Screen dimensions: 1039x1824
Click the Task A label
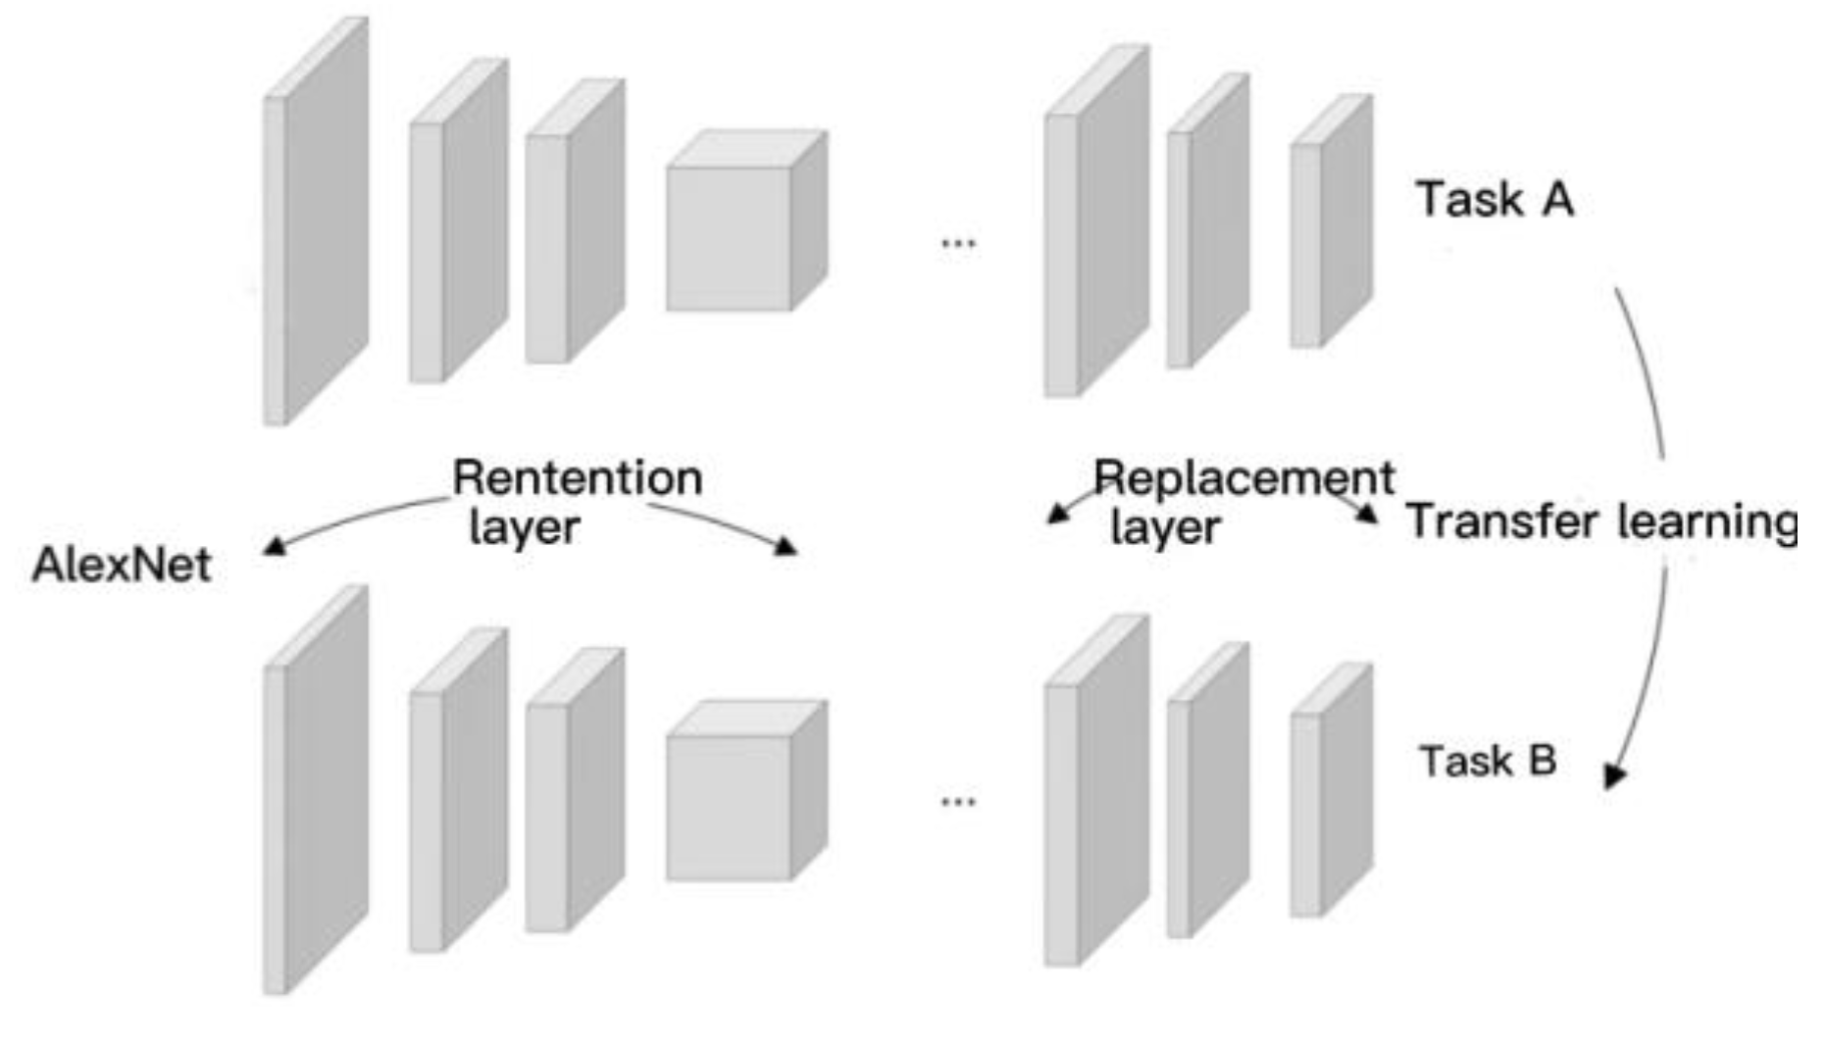click(1494, 199)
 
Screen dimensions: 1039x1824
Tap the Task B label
click(1488, 761)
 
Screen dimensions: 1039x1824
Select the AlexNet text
click(122, 565)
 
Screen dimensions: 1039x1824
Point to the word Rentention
click(577, 478)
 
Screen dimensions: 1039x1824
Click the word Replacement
click(1243, 478)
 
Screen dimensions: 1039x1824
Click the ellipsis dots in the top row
click(958, 243)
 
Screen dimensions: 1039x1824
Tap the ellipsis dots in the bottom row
click(958, 802)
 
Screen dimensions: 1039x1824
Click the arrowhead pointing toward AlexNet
click(275, 547)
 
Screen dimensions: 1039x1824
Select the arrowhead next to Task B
click(1613, 776)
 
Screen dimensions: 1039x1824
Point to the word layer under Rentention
click(525, 527)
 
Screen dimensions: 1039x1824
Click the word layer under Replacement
click(1165, 527)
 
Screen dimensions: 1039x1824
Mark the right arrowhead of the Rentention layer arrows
click(786, 546)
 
